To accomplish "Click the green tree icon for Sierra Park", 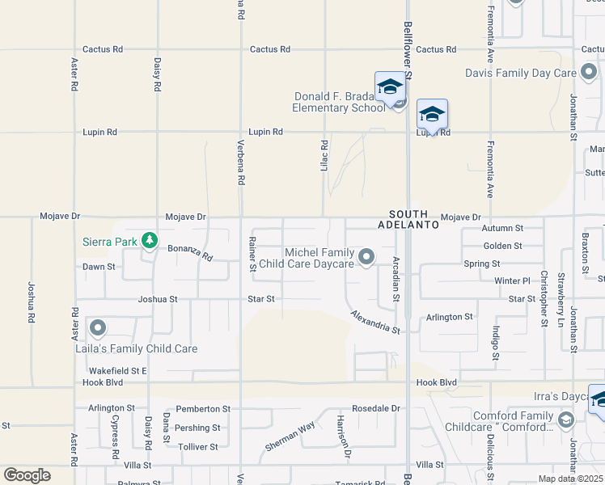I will (149, 240).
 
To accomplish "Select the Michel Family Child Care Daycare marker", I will (366, 258).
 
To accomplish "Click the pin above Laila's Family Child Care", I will (98, 328).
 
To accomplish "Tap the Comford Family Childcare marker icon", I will (565, 420).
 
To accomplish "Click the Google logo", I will (27, 475).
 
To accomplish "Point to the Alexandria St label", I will (375, 322).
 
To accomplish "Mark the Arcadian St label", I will (396, 280).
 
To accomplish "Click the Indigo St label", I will (496, 344).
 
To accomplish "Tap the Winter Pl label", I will (511, 281).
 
